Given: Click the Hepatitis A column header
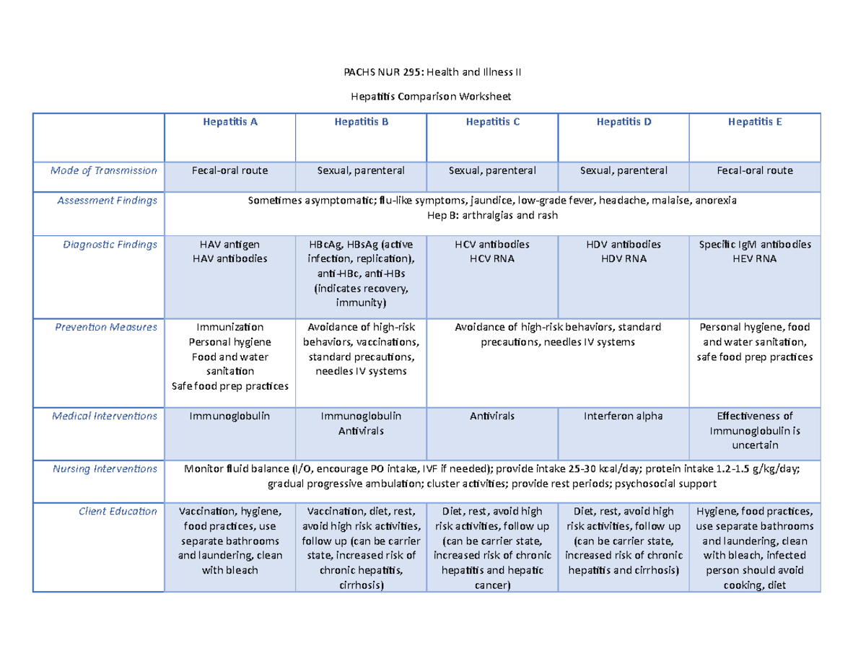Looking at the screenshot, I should [x=229, y=122].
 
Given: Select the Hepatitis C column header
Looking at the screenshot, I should [x=492, y=122].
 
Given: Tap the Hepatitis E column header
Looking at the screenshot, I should [x=755, y=122].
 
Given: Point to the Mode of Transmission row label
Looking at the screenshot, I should [x=103, y=171].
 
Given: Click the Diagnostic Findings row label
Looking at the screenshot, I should [x=111, y=245].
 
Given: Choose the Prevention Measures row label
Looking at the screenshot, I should [x=106, y=328].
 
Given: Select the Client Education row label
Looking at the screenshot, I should [x=118, y=512].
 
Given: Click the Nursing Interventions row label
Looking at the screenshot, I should [x=104, y=469].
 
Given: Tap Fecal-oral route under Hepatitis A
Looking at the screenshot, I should [x=229, y=171].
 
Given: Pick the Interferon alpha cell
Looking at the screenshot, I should [x=624, y=416].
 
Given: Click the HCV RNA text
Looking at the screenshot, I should [x=492, y=259].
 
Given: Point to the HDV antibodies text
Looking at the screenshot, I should [x=624, y=245].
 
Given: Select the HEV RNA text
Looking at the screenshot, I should [x=755, y=259].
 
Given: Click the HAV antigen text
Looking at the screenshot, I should [x=229, y=245].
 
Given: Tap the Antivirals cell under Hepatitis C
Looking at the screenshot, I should [x=492, y=416].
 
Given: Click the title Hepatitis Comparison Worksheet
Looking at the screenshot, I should [x=433, y=96].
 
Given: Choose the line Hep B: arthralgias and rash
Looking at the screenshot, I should [x=492, y=215].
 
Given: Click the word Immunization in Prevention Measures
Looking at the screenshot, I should [x=229, y=328].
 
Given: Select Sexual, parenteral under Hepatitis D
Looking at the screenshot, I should [x=624, y=171].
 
